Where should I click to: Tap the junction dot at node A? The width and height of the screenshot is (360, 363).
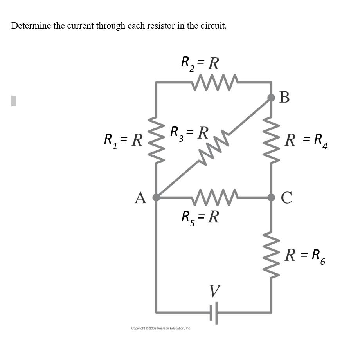156,197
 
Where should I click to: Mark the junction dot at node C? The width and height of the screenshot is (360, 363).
271,197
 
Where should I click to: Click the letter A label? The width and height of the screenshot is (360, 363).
140,198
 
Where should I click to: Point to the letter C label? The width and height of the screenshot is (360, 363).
286,198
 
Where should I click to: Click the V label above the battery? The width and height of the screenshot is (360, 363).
214,291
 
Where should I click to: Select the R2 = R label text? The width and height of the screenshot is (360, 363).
200,63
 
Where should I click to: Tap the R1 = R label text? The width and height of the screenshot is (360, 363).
123,140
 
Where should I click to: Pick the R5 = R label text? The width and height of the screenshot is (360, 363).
200,217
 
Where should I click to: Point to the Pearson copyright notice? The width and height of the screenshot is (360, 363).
161,328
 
